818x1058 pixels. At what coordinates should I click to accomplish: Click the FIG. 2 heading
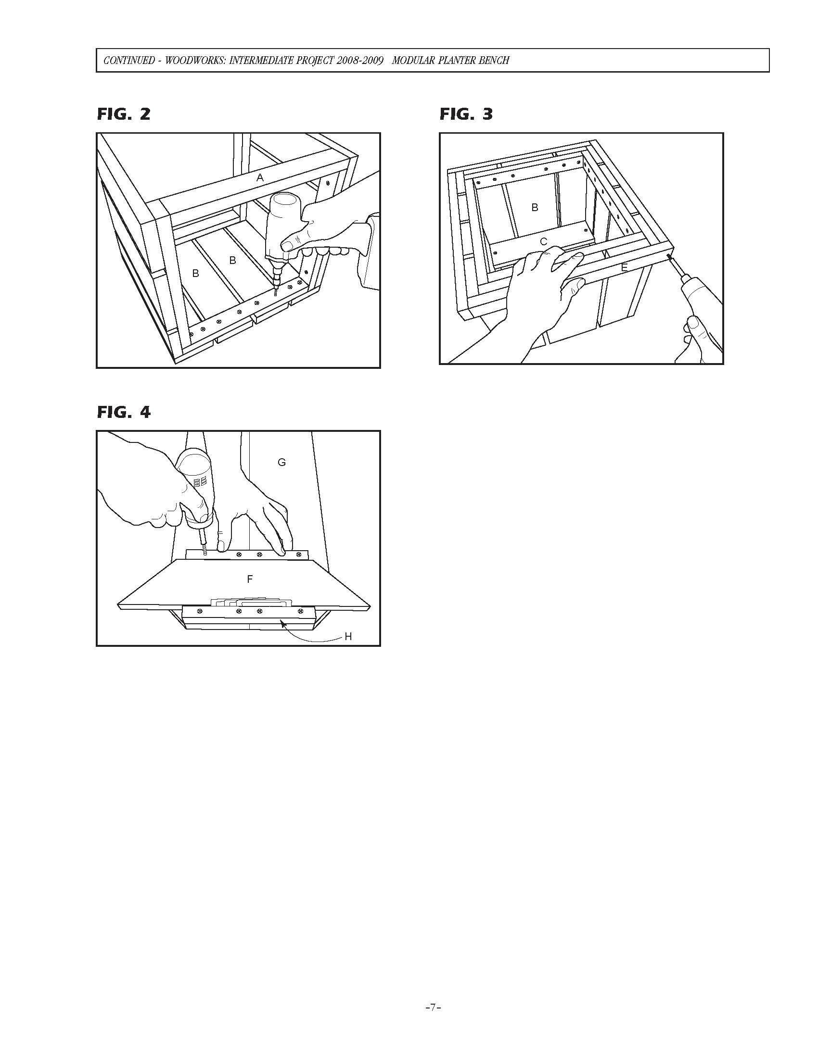point(124,114)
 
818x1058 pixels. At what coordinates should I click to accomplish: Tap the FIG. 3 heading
point(466,114)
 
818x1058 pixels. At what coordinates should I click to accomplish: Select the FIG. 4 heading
point(124,412)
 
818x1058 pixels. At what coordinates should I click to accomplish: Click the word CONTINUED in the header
point(129,61)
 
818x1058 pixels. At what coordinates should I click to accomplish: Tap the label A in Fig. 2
point(260,178)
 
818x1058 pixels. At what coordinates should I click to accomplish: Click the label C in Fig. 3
point(543,242)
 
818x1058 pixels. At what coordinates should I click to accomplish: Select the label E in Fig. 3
point(624,267)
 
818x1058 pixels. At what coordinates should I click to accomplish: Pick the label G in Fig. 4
point(281,462)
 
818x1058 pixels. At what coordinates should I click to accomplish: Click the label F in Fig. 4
point(250,579)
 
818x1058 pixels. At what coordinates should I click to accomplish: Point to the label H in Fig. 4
point(348,637)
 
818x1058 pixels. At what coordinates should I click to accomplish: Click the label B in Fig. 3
point(535,207)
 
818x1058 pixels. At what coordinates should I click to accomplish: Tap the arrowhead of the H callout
point(282,621)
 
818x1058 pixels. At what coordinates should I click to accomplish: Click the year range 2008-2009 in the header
point(360,61)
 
